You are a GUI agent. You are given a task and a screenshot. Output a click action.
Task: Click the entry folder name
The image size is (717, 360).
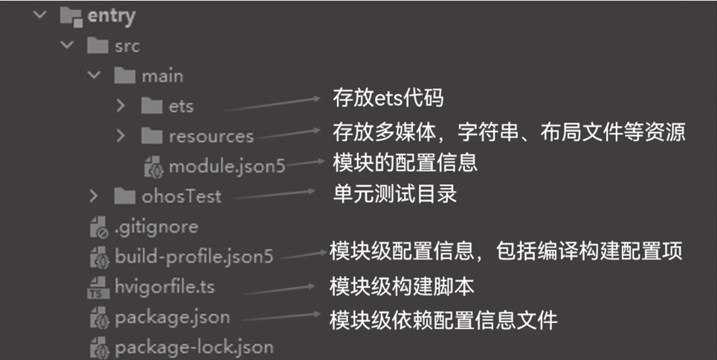pos(111,16)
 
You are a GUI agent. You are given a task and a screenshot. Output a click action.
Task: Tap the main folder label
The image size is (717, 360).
pos(162,76)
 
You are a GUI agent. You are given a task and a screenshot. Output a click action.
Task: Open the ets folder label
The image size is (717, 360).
pos(181,106)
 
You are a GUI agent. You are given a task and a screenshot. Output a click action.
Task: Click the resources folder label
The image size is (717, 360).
pos(211,136)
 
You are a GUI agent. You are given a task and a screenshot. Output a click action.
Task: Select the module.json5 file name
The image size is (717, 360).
pos(227,166)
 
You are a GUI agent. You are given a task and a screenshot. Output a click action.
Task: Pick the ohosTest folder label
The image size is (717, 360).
pos(181,196)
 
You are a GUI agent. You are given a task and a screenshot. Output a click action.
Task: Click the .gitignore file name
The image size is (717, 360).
pos(156,227)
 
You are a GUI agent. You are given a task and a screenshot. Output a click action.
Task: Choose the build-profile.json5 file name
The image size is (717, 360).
pos(194,256)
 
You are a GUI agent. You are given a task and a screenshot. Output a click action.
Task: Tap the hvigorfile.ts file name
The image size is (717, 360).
pos(164,286)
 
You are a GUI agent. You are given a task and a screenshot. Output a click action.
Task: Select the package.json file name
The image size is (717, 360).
pos(172,318)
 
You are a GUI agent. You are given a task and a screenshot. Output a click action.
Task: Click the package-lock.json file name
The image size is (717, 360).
pos(194,347)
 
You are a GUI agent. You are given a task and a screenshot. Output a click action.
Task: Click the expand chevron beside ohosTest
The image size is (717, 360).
pos(93,196)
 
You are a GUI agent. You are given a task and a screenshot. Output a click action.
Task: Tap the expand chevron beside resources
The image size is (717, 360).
pos(121,136)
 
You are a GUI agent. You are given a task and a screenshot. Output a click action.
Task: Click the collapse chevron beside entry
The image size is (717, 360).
pos(42,15)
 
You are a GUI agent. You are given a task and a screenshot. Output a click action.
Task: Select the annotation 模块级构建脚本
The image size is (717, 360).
pos(402,286)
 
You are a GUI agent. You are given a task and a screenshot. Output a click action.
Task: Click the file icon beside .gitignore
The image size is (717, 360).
pos(98,227)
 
